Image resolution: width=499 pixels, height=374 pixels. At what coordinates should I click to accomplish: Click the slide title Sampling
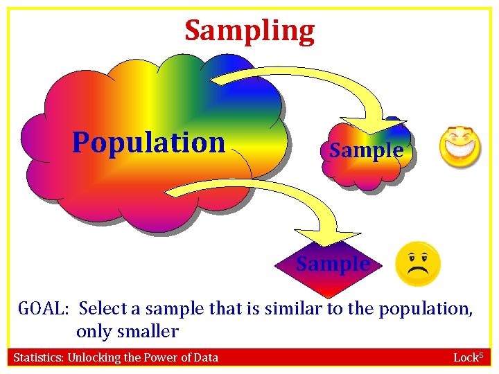point(249,30)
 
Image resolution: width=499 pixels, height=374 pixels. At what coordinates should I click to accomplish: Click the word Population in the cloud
point(149,142)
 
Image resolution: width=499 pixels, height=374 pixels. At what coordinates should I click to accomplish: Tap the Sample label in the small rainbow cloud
point(366,150)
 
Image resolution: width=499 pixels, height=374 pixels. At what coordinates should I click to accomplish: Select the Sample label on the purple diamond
point(333,264)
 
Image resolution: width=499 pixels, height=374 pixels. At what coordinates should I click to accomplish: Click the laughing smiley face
point(460,145)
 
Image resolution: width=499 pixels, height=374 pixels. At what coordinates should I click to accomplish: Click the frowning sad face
point(417,264)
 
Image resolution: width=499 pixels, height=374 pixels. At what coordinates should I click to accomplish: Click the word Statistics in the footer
point(37,357)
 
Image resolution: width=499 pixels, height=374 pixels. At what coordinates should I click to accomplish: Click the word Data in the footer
point(205,357)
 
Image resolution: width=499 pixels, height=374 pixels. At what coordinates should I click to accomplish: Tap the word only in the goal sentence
point(91,331)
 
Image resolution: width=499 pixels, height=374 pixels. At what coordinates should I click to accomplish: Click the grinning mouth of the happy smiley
point(460,150)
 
